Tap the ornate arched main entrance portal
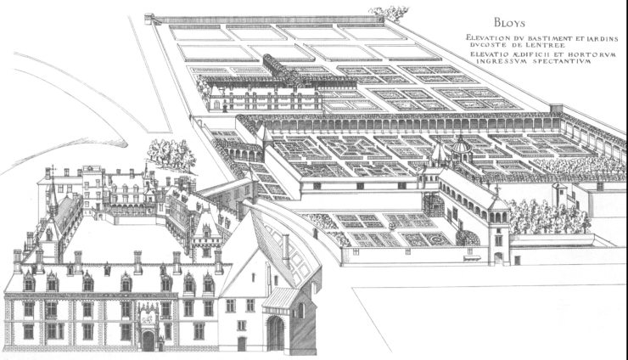coord(149,327)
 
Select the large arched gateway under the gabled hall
coord(276,333)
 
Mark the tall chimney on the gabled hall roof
coord(286,249)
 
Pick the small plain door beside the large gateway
coord(242,342)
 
